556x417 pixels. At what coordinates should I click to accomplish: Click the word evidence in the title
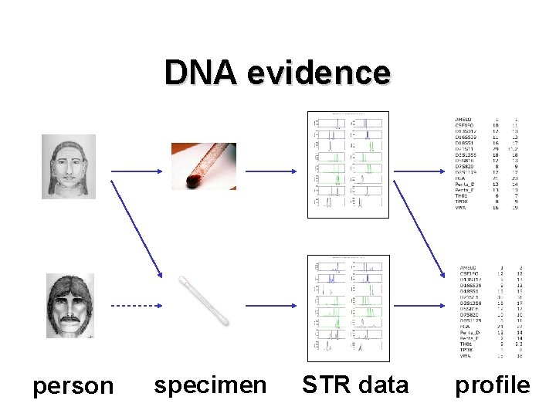pos(319,73)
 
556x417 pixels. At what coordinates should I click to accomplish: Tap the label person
pos(73,385)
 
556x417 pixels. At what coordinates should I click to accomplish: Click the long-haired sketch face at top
pos(69,167)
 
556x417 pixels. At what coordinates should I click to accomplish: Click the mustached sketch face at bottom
pos(69,305)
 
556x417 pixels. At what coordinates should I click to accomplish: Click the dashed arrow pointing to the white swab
pos(134,307)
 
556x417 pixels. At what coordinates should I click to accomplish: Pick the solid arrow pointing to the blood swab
pos(136,166)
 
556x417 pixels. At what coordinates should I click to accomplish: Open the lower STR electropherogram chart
pos(347,308)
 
